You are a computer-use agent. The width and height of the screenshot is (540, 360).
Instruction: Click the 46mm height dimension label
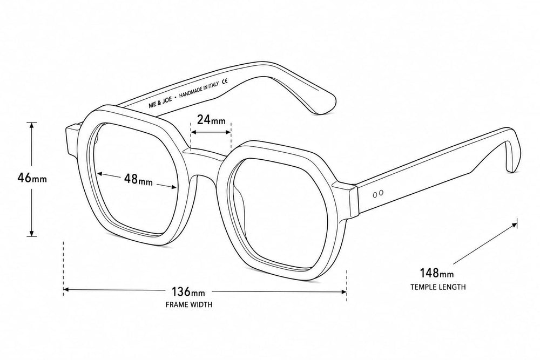[32, 178]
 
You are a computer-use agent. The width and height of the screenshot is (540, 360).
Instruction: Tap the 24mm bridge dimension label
[211, 120]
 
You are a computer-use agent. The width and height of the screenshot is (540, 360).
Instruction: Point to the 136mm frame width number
[188, 292]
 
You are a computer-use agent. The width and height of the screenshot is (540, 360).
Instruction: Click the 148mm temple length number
[437, 273]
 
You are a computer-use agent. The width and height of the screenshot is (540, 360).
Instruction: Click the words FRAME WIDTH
[189, 304]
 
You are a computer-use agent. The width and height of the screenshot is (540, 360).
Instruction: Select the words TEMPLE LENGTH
[438, 287]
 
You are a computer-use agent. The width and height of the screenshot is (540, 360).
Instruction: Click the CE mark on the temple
[225, 81]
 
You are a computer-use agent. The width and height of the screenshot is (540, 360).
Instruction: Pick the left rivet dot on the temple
[375, 195]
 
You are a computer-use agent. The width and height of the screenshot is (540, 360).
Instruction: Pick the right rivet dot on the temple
[381, 193]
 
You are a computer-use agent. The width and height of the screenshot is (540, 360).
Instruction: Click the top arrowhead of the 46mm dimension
[32, 125]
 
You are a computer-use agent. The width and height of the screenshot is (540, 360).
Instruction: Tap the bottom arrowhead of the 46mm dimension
[32, 233]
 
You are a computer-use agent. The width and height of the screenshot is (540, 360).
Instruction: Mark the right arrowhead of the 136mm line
[343, 292]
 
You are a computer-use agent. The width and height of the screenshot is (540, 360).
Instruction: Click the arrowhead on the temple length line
[514, 225]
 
